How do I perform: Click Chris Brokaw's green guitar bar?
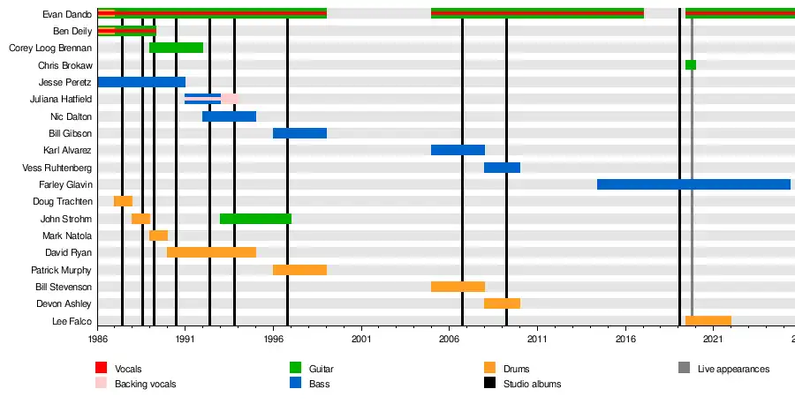(690, 65)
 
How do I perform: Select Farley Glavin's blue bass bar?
(693, 184)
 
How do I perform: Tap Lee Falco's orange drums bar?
(708, 321)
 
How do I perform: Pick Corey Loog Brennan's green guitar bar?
(176, 48)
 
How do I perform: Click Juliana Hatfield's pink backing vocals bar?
(229, 99)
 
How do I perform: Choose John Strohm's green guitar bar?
(255, 219)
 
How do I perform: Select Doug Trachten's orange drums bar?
(123, 201)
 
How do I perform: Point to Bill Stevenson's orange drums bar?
(458, 287)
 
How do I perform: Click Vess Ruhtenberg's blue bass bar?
(502, 168)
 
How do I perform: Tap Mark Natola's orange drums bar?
(158, 236)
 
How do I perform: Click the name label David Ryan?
(68, 253)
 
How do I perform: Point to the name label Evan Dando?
(67, 14)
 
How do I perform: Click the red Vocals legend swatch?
(101, 368)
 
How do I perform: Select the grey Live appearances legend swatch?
(684, 368)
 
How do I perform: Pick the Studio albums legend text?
(532, 385)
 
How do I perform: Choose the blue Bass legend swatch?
(295, 384)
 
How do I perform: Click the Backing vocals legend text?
(145, 385)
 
